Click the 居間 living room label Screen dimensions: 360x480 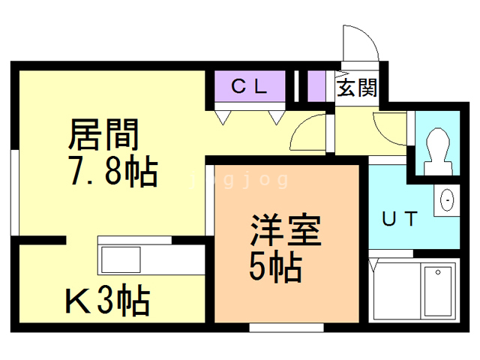pyautogui.click(x=104, y=136)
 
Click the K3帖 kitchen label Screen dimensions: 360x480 pyautogui.click(x=107, y=302)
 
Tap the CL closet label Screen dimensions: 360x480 pyautogui.click(x=250, y=85)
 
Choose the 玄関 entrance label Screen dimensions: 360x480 pyautogui.click(x=356, y=88)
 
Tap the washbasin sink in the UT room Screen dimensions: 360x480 pyautogui.click(x=447, y=200)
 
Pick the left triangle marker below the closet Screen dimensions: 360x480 pyautogui.click(x=223, y=117)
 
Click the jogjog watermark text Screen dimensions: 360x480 pyautogui.click(x=239, y=180)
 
